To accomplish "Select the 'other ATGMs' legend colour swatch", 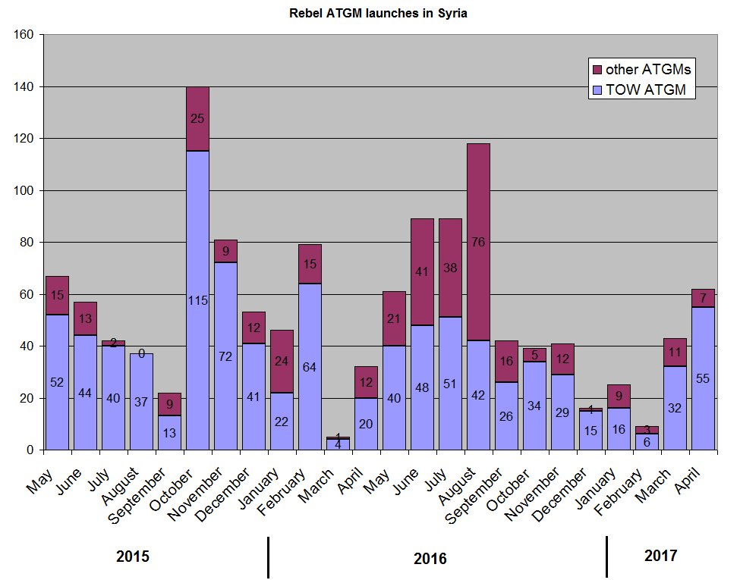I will [x=597, y=70].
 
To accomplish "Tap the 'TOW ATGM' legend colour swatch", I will [x=597, y=90].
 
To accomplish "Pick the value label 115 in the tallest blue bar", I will [x=197, y=301].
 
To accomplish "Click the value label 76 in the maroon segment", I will [x=477, y=243].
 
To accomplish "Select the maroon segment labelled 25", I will [x=197, y=119].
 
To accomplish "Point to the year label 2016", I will [x=430, y=560].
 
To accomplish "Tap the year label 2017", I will [x=660, y=556].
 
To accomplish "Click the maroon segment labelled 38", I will [x=449, y=268].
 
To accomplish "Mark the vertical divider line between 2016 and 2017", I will [x=606, y=556].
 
